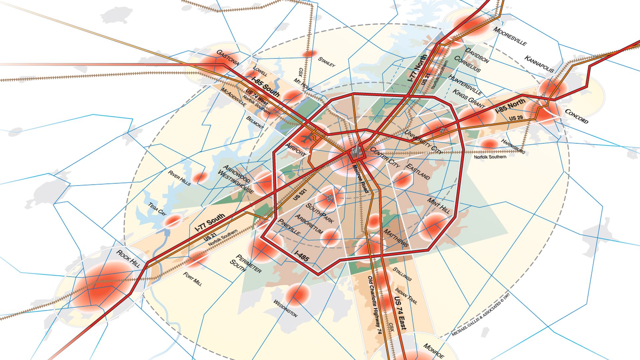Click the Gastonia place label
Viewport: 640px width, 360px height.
coord(228,58)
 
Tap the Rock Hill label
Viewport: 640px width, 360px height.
coord(128,258)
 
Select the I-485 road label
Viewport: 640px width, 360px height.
coord(302,256)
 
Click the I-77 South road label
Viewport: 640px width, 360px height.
coord(210,223)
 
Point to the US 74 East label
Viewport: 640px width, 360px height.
coord(400,313)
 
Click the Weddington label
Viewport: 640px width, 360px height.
coord(285,308)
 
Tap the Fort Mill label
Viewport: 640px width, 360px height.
coord(193,279)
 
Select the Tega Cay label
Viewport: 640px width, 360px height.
coord(157,209)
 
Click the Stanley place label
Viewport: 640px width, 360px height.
coord(327,62)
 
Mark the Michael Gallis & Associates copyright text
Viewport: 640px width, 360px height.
coord(481,314)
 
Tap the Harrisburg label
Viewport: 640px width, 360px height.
coord(513,146)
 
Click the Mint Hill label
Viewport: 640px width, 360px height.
coord(438,206)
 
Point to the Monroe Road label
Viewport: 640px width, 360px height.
coord(360,179)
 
